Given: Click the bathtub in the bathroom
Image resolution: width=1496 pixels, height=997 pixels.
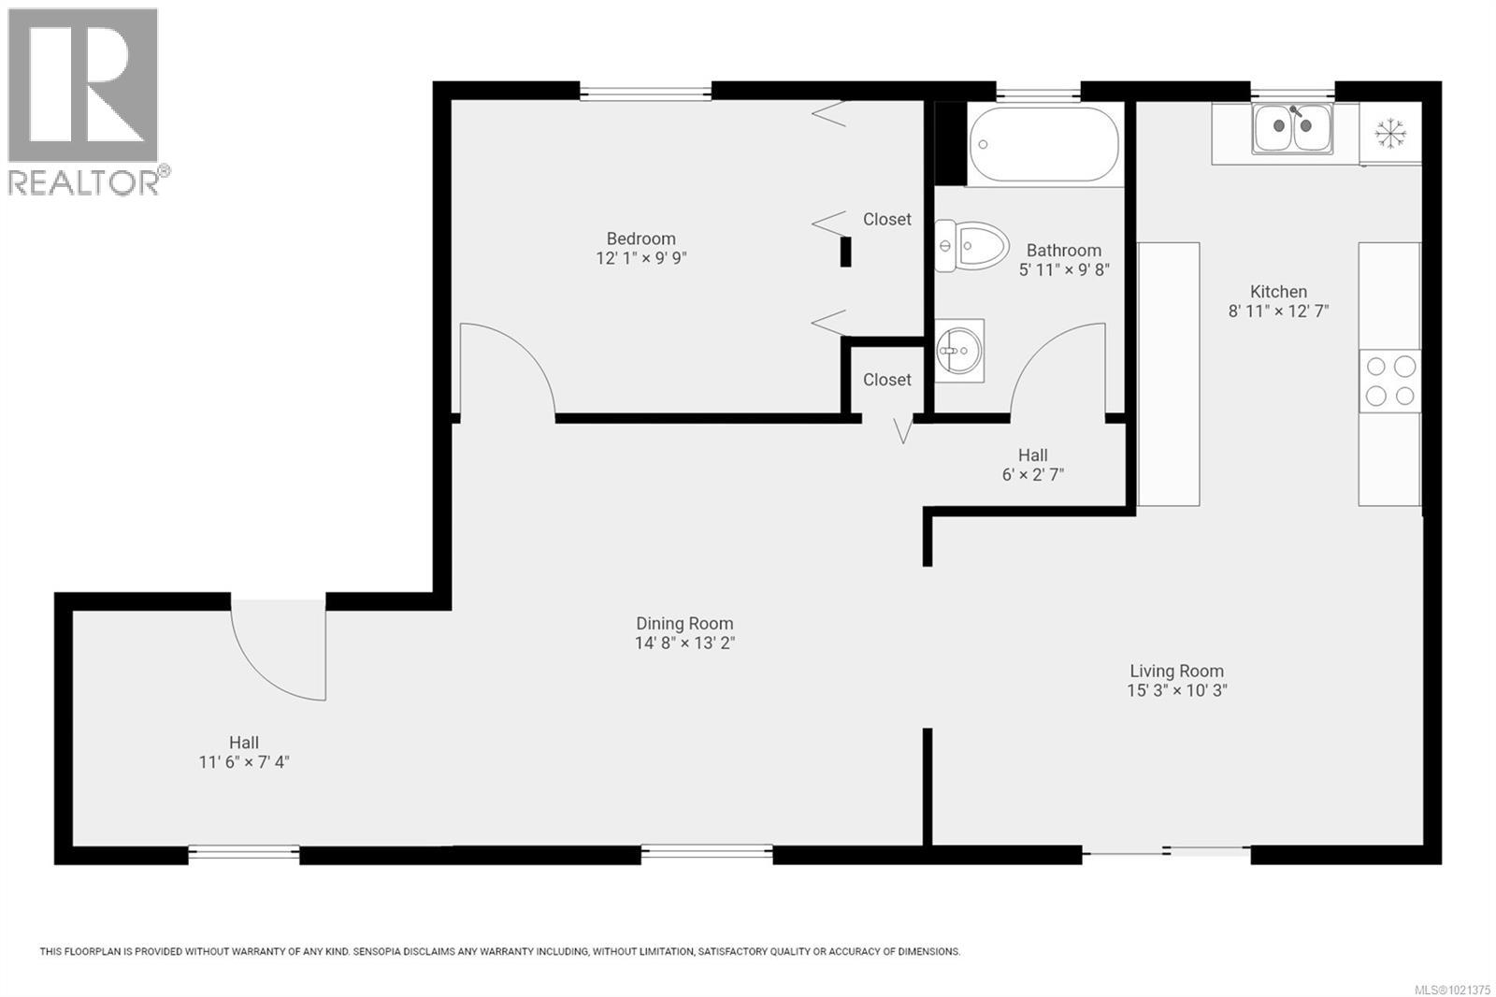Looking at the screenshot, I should pos(1044,145).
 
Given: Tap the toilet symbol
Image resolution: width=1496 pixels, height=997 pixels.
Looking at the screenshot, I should pos(972,246).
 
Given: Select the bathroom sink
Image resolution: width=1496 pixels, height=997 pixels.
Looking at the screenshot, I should pos(958,351).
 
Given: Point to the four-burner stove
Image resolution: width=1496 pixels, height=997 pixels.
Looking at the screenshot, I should pos(1389,382).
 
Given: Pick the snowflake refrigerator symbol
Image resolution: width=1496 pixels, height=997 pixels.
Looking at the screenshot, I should pos(1390,133).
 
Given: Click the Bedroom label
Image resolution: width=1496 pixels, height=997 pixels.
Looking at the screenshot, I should pos(640,238).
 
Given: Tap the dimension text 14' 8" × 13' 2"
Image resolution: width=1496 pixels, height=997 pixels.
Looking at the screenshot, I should pos(684,643).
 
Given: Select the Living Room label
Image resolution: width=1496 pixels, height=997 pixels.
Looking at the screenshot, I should pos(1176,671).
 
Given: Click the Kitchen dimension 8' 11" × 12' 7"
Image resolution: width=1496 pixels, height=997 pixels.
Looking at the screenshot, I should pos(1278,311).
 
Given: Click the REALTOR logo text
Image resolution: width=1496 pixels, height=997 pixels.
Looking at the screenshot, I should pos(84,182).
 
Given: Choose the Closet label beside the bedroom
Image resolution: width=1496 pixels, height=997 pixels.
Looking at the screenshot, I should pos(886,219).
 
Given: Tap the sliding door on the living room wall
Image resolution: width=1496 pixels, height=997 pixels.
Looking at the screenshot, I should pos(1166,850).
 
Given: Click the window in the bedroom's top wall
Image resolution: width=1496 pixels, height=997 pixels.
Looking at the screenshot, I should pos(645,92).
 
